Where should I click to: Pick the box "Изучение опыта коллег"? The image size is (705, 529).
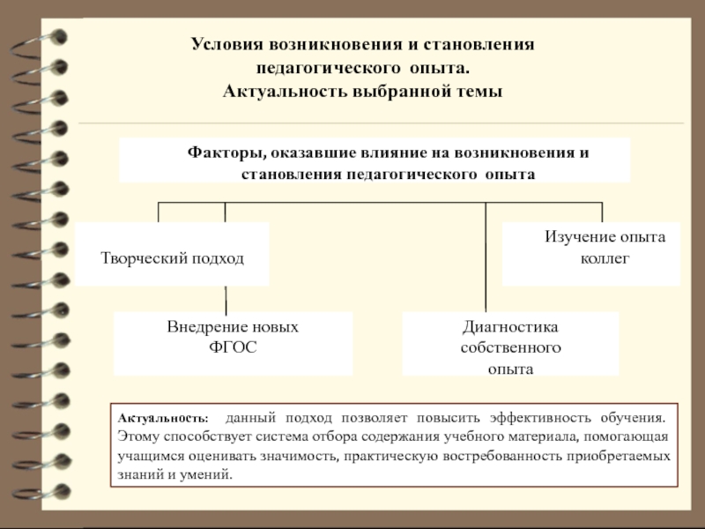pos(591,254)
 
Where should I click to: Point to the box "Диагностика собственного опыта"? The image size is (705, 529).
pos(511,344)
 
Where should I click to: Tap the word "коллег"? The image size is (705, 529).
pos(605,260)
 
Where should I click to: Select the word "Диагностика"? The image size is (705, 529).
pos(511,328)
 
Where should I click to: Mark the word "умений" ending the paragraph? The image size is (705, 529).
pos(211,474)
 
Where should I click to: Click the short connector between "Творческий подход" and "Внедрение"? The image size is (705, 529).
pos(226,298)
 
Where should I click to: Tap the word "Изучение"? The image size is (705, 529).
pos(575,238)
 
